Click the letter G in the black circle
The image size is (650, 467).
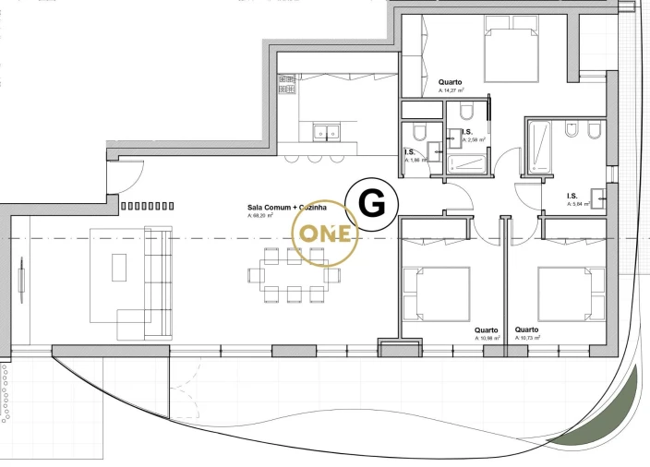[371, 202]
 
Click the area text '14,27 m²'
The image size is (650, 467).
[451, 90]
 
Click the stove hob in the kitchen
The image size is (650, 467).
[285, 86]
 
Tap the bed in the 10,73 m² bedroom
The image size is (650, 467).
[570, 291]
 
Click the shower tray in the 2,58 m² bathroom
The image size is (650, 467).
[467, 164]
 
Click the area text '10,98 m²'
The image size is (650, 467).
[487, 339]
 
